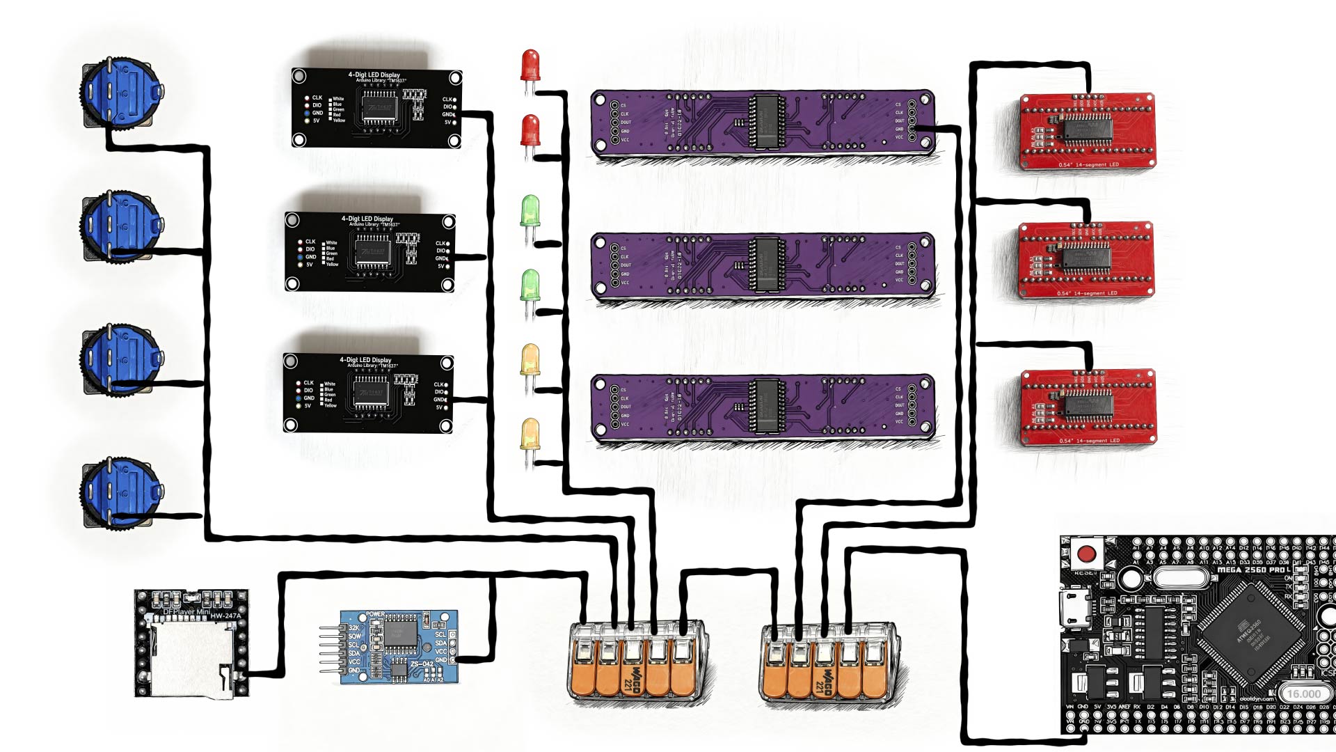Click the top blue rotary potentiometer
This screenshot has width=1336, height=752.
[122, 93]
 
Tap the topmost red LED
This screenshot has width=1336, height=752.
[530, 63]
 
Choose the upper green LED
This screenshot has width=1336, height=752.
[530, 210]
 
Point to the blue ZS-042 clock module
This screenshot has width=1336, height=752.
[399, 647]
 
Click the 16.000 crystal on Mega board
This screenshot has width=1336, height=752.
[1303, 694]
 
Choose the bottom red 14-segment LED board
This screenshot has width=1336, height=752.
[1087, 407]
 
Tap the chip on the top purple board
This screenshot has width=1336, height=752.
[765, 123]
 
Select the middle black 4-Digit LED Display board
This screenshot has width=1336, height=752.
[369, 252]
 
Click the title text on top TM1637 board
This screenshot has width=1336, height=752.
[374, 75]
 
